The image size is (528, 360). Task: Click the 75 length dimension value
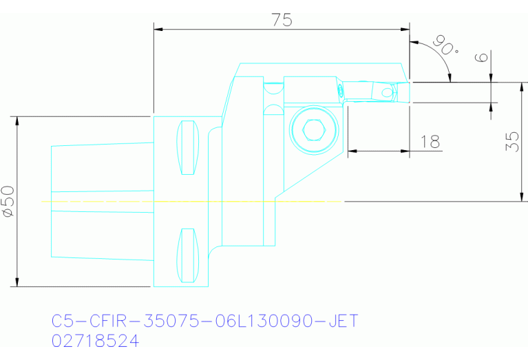(281, 20)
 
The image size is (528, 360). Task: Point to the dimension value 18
(430, 141)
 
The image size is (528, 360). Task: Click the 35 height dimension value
(512, 142)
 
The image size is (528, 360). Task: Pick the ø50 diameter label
(9, 201)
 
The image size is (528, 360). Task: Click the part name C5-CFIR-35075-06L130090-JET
(206, 321)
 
